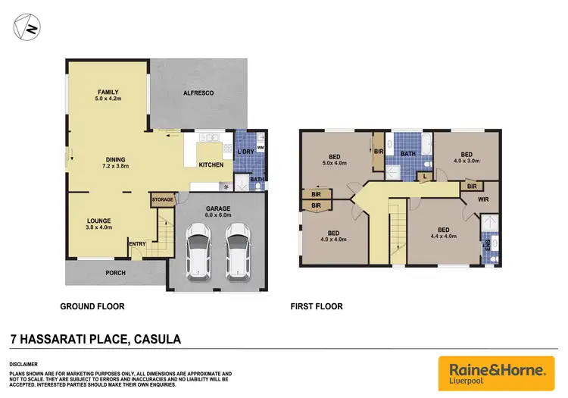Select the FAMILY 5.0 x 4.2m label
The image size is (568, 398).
[108, 96]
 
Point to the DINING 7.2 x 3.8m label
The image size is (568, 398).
[113, 162]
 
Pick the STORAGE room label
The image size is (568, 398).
[163, 199]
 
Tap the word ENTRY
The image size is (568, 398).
[137, 243]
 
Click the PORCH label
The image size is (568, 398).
[115, 273]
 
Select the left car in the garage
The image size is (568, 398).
[199, 255]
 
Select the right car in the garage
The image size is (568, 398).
[237, 255]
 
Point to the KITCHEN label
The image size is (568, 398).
[211, 165]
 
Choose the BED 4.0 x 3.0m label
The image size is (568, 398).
[467, 156]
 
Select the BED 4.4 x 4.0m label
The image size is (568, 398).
[443, 233]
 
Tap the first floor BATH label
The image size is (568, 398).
[407, 154]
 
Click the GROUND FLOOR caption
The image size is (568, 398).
[92, 307]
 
